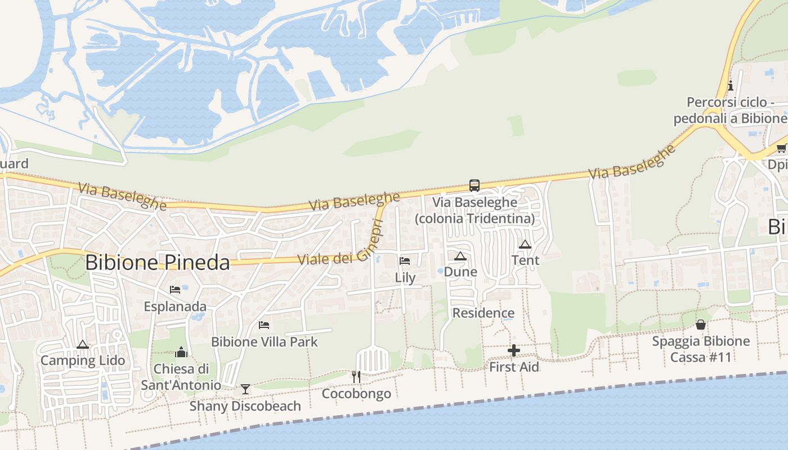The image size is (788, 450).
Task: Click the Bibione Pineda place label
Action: pos(158,263)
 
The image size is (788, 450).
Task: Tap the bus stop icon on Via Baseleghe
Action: pos(474,185)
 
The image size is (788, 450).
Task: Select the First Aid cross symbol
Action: pos(513,351)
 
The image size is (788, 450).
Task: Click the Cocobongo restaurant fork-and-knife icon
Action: pos(356,376)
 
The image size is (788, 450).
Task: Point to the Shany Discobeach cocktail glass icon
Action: pos(245,389)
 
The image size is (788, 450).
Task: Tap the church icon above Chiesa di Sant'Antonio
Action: pos(181,352)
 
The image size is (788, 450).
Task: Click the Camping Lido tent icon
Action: pos(83,344)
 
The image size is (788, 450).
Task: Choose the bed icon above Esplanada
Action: pos(175,290)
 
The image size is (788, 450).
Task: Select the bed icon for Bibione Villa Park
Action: pos(263,325)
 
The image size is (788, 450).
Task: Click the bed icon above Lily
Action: pos(405,260)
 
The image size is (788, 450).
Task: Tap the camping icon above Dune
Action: pos(460,256)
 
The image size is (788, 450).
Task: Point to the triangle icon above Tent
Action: pos(525,244)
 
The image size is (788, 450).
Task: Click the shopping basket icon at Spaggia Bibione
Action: pos(701,325)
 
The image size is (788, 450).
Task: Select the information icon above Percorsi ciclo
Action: pos(731,85)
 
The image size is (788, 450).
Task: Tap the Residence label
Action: pos(483,313)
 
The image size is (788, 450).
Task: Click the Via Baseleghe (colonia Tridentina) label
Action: pos(474,210)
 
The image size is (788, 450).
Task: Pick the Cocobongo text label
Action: pos(356,393)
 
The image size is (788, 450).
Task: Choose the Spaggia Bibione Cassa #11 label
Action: pos(701,349)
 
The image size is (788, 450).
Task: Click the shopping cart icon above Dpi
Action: pos(781,148)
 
